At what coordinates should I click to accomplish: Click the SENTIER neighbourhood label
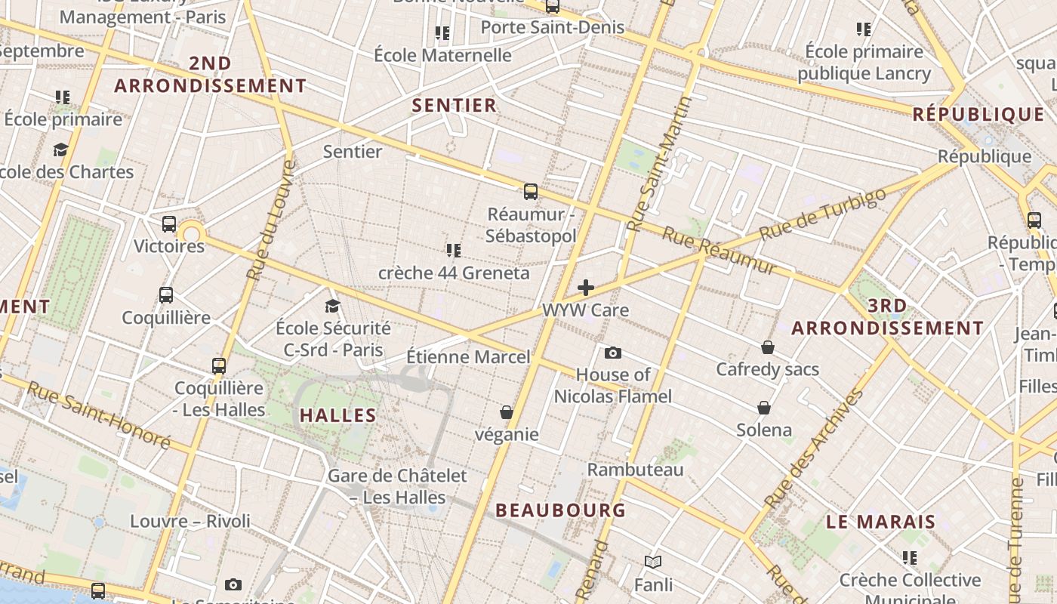pos(454,106)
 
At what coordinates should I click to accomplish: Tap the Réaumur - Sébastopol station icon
pos(531,192)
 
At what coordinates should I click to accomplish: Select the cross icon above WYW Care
pos(586,288)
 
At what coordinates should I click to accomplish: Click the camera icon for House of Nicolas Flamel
pos(613,353)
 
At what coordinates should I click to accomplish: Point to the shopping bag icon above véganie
pos(507,412)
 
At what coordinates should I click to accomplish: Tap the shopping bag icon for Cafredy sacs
pos(767,347)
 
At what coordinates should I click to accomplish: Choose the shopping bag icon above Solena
pos(764,408)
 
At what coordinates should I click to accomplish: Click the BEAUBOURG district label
pos(560,510)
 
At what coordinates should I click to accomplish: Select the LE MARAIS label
pos(880,522)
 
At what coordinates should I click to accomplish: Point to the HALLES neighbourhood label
pos(337,415)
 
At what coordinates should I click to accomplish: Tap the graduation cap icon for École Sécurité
pos(332,306)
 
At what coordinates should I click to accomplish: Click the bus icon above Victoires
pos(169,224)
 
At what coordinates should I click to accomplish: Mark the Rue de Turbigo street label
pos(822,214)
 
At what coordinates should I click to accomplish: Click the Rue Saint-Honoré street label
pos(98,414)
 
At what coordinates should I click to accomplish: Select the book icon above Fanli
pos(653,562)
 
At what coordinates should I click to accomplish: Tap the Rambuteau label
pos(635,470)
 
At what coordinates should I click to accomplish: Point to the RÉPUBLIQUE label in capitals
pos(978,115)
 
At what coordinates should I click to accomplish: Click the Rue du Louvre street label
pos(270,219)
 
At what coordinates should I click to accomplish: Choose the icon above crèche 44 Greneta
pos(454,250)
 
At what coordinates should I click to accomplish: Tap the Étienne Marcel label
pos(468,356)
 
